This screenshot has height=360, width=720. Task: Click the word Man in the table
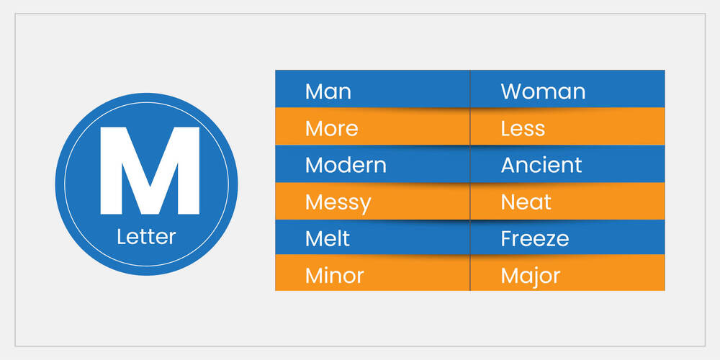click(x=328, y=91)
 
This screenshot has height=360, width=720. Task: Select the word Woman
click(x=543, y=91)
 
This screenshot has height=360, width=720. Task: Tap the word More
click(x=331, y=129)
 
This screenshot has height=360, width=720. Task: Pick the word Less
click(x=523, y=129)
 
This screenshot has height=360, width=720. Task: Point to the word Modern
click(x=346, y=165)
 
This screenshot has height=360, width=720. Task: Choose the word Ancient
click(x=541, y=165)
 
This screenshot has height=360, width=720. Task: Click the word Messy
click(x=338, y=202)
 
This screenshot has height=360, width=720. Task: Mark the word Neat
click(x=526, y=202)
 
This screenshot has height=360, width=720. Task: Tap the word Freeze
click(x=535, y=238)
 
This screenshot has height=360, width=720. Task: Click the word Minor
click(x=334, y=275)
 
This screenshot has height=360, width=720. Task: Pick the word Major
click(x=531, y=275)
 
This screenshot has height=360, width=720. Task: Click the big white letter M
click(x=149, y=171)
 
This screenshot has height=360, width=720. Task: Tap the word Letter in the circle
click(x=146, y=236)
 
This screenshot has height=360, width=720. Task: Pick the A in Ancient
click(x=508, y=165)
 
